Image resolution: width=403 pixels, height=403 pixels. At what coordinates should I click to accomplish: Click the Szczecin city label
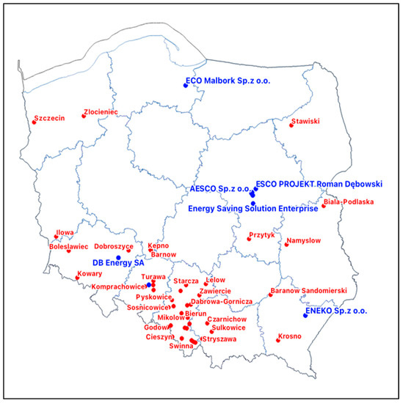(49, 117)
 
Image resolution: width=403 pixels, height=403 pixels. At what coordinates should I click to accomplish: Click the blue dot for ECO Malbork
(186, 86)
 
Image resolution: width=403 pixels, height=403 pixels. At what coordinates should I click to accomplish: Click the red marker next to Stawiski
(291, 125)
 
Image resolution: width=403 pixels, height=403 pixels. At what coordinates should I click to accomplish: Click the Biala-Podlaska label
(349, 202)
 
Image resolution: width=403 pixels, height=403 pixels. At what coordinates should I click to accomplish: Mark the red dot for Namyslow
(286, 244)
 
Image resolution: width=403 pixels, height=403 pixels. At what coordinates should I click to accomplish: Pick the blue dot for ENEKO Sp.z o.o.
(305, 316)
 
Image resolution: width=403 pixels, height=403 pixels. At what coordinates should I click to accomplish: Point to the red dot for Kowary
(77, 278)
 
